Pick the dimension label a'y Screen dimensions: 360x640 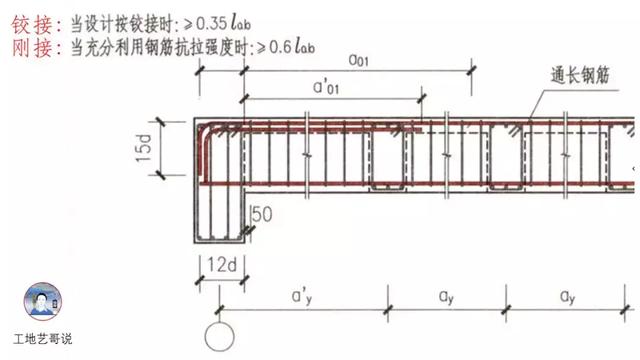click(x=301, y=297)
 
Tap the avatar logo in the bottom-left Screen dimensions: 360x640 click(x=42, y=303)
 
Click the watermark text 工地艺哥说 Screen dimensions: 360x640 click(x=42, y=340)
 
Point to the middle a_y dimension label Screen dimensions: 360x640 click(x=446, y=297)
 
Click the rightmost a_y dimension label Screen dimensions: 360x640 click(x=566, y=297)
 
